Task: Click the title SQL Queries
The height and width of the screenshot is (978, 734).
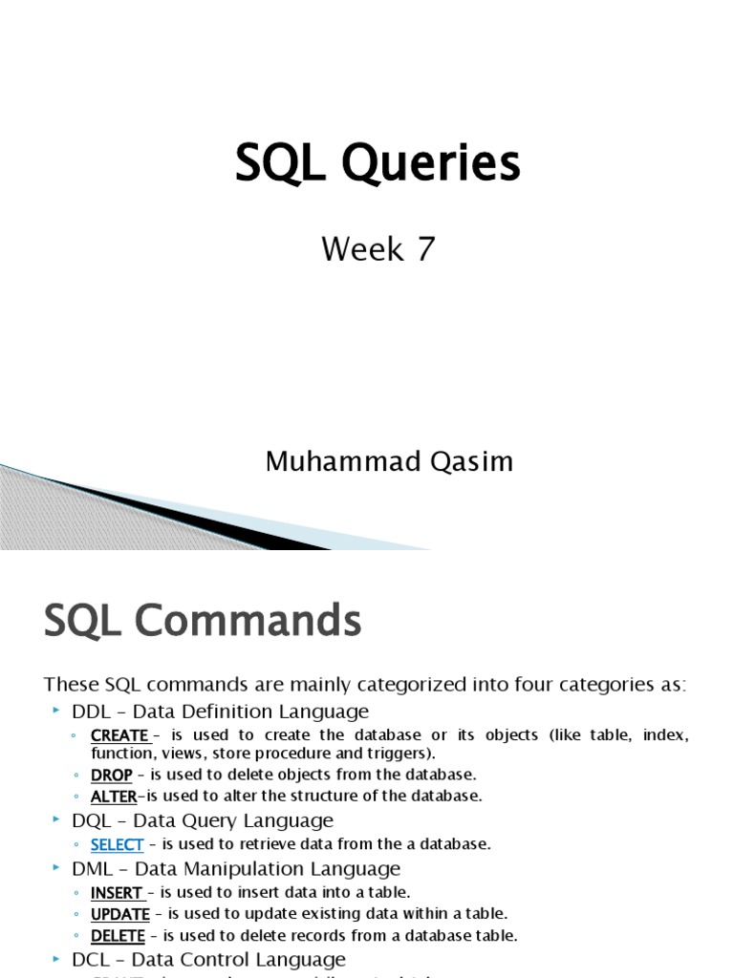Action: pyautogui.click(x=378, y=163)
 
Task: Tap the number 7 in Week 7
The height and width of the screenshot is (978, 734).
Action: pyautogui.click(x=424, y=249)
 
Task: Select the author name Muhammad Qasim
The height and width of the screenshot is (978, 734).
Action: pyautogui.click(x=389, y=462)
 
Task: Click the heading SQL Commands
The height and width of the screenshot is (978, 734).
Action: pyautogui.click(x=203, y=623)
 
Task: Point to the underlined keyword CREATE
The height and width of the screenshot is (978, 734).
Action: pyautogui.click(x=119, y=735)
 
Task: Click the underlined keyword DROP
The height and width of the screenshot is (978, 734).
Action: pyautogui.click(x=111, y=775)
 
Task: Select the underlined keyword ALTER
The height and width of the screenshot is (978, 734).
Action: pyautogui.click(x=114, y=796)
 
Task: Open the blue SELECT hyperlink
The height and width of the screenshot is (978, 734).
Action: pyautogui.click(x=117, y=844)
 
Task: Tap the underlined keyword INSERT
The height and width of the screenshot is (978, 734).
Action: pyautogui.click(x=117, y=893)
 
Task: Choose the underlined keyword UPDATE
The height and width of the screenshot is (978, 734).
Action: pyautogui.click(x=119, y=914)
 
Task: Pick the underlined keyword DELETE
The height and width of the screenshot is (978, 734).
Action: pyautogui.click(x=118, y=936)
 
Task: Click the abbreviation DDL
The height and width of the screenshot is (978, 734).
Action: pyautogui.click(x=92, y=712)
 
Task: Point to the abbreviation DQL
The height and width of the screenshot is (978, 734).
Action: pyautogui.click(x=92, y=820)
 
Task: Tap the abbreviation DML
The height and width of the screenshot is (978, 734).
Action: pyautogui.click(x=93, y=869)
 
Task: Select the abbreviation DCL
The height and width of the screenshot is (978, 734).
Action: pyautogui.click(x=92, y=959)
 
